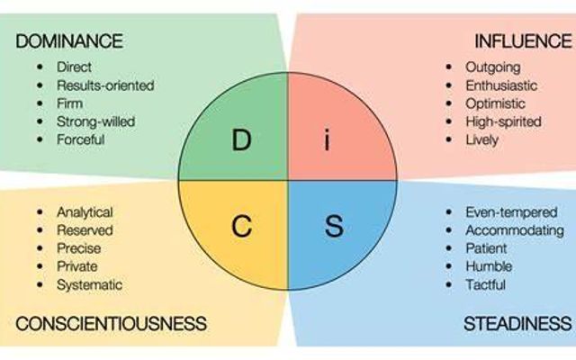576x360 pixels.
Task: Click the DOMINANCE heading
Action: pyautogui.click(x=68, y=41)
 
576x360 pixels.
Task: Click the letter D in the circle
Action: pyautogui.click(x=240, y=140)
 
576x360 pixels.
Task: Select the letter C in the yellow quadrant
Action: pyautogui.click(x=240, y=226)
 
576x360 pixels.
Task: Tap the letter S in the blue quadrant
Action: pyautogui.click(x=333, y=226)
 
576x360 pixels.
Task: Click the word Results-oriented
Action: pyautogui.click(x=105, y=85)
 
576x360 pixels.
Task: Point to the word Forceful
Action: pyautogui.click(x=81, y=139)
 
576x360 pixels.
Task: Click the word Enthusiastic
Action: pyautogui.click(x=501, y=85)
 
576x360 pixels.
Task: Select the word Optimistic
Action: pyautogui.click(x=495, y=103)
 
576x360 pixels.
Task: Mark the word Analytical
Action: pyautogui.click(x=85, y=212)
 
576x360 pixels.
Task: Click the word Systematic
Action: pyautogui.click(x=89, y=284)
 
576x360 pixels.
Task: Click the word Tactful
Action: pyautogui.click(x=486, y=284)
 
